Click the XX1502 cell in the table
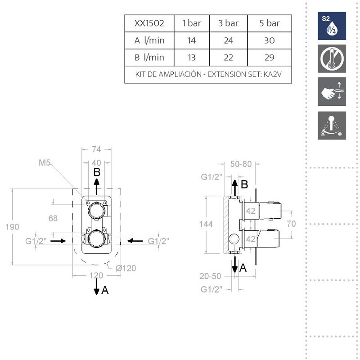149,23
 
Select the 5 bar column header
270,23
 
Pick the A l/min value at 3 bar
229,40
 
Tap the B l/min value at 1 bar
192,58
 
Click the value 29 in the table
269,58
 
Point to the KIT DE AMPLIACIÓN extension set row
208,74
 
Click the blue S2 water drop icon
332,26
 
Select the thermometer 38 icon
332,59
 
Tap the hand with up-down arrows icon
332,91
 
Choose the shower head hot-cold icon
332,126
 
